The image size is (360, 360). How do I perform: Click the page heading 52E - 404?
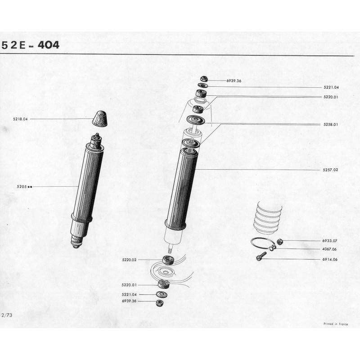(x=30, y=45)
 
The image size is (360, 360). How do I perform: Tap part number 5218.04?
(x=20, y=119)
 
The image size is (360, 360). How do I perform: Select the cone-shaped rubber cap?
(x=100, y=119)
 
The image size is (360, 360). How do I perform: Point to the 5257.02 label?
(x=330, y=170)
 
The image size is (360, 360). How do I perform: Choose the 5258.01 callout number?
(x=331, y=125)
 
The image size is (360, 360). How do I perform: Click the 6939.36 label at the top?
(x=234, y=81)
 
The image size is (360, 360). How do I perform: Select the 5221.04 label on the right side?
(x=331, y=87)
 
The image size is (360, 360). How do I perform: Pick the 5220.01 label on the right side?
(x=331, y=97)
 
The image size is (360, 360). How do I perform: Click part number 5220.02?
(x=129, y=260)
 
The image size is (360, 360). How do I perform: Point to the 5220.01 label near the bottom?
(x=129, y=285)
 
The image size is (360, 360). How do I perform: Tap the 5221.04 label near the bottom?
(x=129, y=295)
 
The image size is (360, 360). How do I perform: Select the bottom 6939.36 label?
(x=129, y=301)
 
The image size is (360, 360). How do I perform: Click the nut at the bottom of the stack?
(x=159, y=303)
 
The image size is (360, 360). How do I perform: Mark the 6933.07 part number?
(x=330, y=241)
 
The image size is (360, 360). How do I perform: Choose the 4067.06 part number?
(x=329, y=249)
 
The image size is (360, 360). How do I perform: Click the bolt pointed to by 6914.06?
(x=261, y=256)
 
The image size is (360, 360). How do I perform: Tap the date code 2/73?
(x=7, y=315)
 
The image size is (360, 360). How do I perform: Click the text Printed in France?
(x=336, y=324)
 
